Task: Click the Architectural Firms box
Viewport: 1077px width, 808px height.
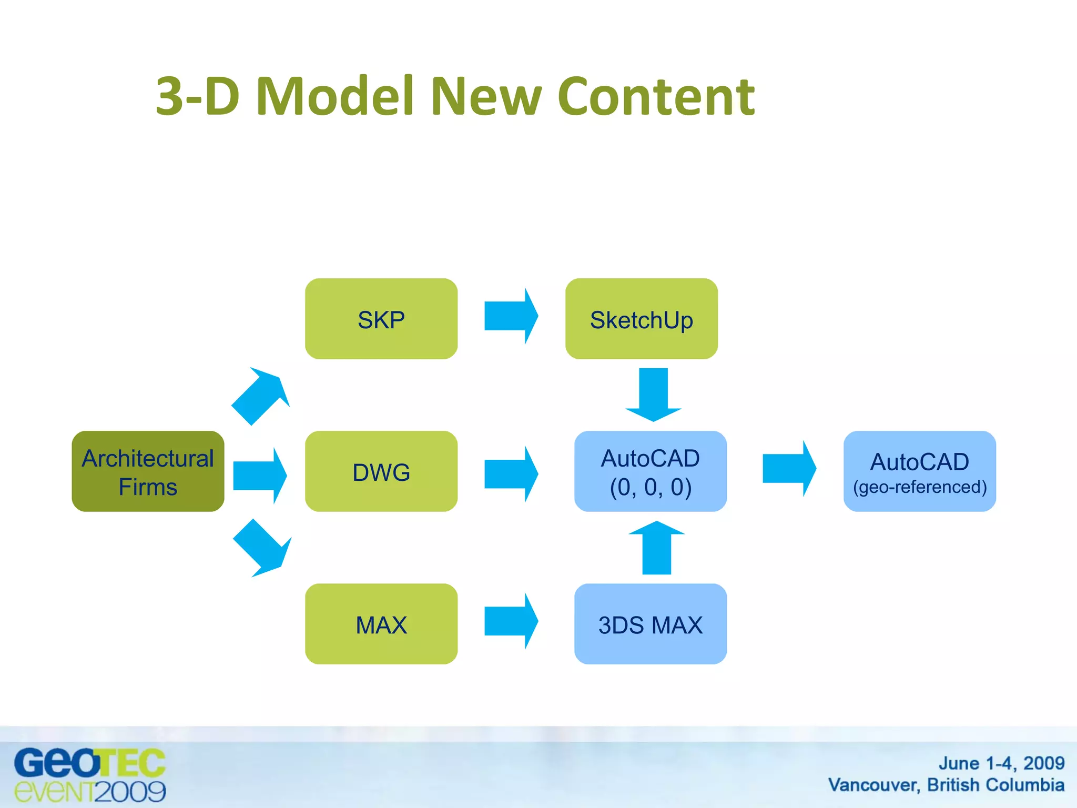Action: pyautogui.click(x=148, y=471)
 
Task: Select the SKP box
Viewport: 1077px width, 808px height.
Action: pyautogui.click(x=381, y=319)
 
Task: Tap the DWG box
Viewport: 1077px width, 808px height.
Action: pyautogui.click(x=381, y=471)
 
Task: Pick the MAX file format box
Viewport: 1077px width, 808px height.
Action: pyautogui.click(x=381, y=624)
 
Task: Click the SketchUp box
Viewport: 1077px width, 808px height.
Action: pyautogui.click(x=641, y=319)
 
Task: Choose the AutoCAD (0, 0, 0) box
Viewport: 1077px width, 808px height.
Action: pyautogui.click(x=651, y=471)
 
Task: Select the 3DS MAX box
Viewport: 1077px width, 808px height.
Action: pyautogui.click(x=651, y=624)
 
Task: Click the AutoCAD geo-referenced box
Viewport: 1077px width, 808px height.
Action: pyautogui.click(x=920, y=471)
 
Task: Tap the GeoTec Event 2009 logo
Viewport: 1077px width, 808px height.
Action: pyautogui.click(x=90, y=775)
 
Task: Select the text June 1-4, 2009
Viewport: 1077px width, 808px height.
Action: pyautogui.click(x=1001, y=763)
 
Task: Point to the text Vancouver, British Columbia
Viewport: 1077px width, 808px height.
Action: pyautogui.click(x=946, y=785)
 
